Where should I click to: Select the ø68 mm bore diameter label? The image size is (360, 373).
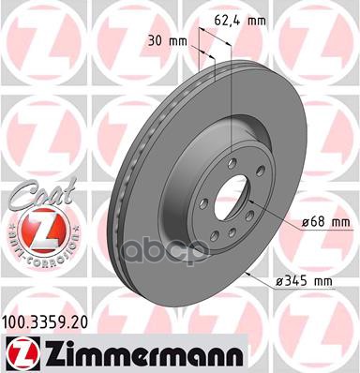300,223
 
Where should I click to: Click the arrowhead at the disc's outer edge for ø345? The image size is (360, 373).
245,269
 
